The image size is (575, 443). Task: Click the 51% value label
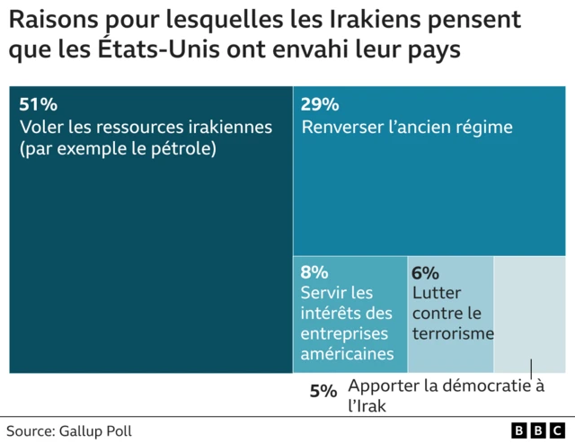coord(37,104)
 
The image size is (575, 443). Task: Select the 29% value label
coord(320,104)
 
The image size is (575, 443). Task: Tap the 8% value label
coord(314,272)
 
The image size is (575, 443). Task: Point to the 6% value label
coord(425,272)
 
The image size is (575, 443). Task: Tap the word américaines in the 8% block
coord(347,353)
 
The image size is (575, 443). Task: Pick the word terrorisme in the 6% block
coord(453,333)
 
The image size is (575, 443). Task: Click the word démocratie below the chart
coord(481,386)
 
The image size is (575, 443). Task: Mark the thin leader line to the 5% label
coord(531,369)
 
